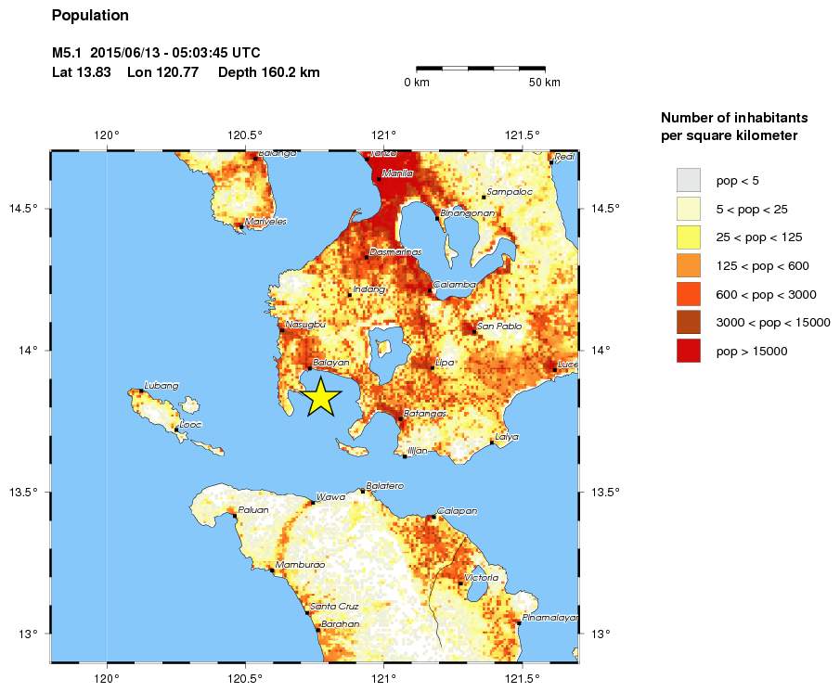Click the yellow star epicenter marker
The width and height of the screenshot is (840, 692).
(320, 396)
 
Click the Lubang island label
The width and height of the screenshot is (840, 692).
(162, 385)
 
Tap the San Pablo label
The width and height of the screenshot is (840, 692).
(499, 326)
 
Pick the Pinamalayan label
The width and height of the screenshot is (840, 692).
(550, 617)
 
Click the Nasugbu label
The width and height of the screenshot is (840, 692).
(305, 324)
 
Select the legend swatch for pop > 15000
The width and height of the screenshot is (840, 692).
(688, 351)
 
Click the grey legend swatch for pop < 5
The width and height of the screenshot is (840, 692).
(688, 179)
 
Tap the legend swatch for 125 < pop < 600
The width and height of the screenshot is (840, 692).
(688, 265)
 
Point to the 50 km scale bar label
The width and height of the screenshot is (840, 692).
(545, 83)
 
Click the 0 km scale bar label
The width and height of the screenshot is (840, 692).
(416, 83)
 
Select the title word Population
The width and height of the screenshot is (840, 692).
(90, 16)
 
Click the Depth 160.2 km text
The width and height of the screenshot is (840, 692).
(269, 72)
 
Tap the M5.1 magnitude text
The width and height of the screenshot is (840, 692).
(69, 52)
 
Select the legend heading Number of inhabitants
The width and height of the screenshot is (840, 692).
(734, 118)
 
